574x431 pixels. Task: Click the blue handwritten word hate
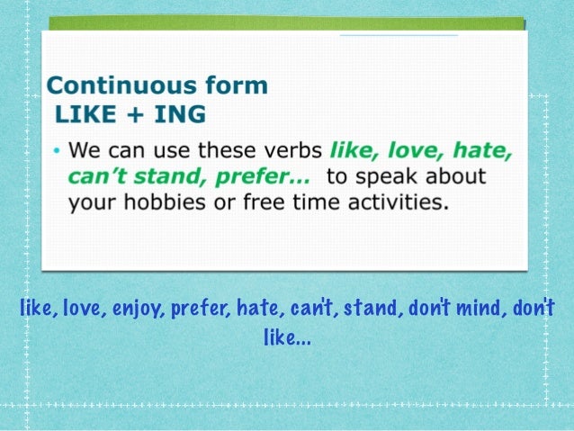coord(260,310)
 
